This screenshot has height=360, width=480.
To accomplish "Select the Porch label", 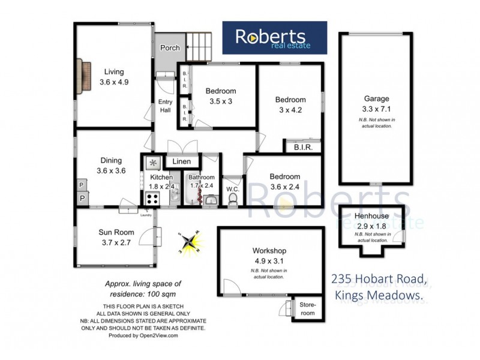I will [170, 48].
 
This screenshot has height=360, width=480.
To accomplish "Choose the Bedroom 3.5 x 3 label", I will [221, 96].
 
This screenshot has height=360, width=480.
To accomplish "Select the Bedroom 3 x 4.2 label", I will [290, 104].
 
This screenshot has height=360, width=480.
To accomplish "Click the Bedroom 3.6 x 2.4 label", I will [284, 182].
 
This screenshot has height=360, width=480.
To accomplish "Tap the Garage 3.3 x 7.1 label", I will [376, 104].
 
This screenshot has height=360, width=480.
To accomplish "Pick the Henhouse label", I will [370, 220].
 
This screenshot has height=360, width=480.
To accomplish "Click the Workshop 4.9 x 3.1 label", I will [269, 256].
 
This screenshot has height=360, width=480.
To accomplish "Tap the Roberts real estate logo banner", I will [275, 37].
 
